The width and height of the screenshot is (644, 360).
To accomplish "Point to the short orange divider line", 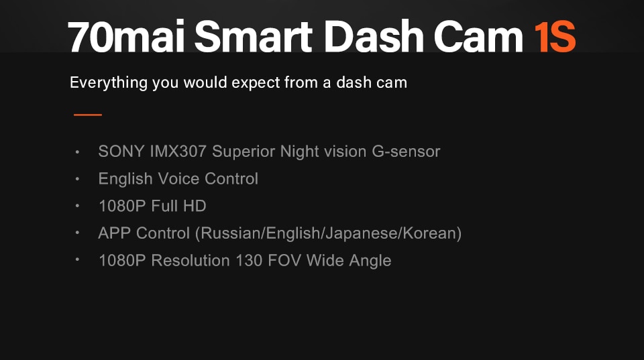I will click(87, 115).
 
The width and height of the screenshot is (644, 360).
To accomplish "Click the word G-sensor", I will click(406, 152).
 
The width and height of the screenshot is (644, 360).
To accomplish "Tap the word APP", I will click(115, 233).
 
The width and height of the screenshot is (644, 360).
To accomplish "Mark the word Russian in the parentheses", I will click(231, 233).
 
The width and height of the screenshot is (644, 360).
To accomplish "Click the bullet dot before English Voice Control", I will click(78, 179).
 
